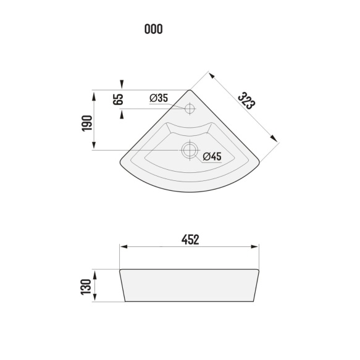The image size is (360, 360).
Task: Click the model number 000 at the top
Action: point(153,29)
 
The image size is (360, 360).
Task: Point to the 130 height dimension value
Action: point(86,286)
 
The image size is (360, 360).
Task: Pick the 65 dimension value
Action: point(119,99)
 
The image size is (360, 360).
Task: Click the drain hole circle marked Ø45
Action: point(189,149)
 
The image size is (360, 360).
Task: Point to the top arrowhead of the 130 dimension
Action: point(94,271)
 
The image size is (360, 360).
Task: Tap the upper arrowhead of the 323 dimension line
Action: point(211,75)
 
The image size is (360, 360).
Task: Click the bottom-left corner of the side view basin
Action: point(125,302)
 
